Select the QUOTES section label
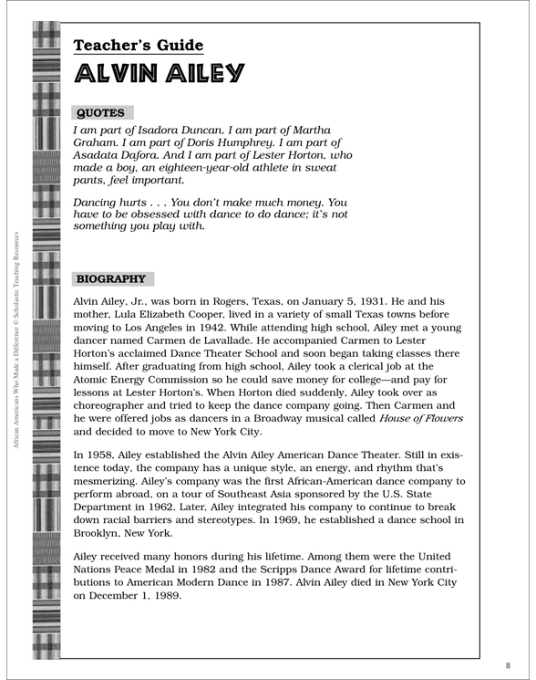coord(101,113)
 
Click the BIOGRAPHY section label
coord(114,279)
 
